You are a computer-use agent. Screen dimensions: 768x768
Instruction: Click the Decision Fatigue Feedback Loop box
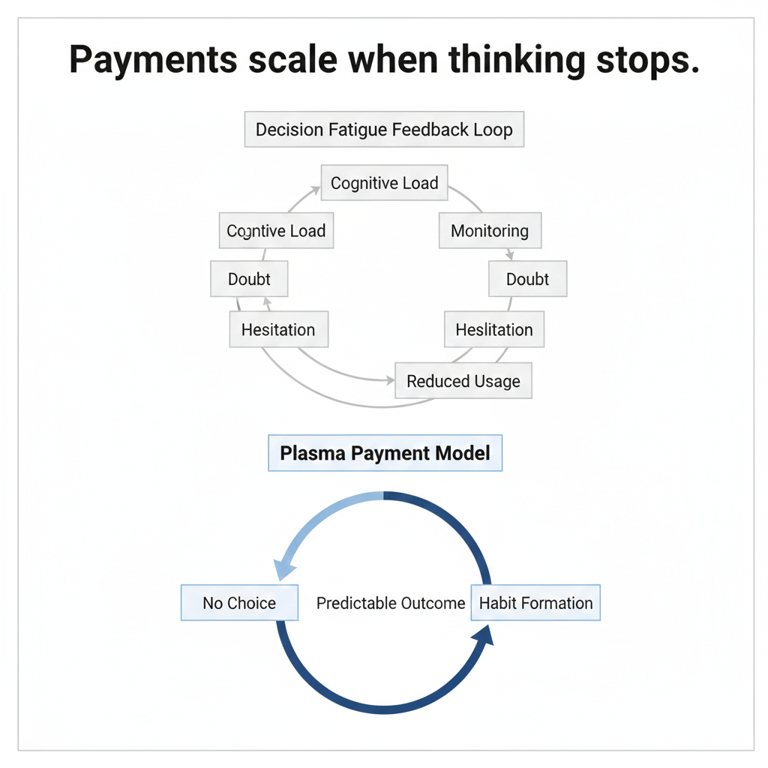(384, 130)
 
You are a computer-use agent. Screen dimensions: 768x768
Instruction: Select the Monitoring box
(489, 231)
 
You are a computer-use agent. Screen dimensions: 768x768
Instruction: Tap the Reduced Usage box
(463, 381)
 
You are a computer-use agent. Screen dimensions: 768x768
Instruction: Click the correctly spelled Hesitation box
(278, 330)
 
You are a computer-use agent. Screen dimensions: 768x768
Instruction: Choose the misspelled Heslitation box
(493, 330)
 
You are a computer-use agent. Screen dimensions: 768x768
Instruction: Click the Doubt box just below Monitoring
(527, 280)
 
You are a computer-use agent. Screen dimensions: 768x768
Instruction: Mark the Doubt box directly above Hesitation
(249, 280)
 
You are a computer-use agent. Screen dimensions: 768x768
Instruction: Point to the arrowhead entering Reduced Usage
(389, 381)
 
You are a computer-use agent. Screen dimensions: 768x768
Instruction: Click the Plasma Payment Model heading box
(385, 454)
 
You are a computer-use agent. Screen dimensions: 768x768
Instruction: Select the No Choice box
(239, 603)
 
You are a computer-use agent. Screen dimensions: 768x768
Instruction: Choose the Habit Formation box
(535, 603)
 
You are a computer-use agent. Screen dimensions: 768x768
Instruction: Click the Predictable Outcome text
(391, 603)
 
